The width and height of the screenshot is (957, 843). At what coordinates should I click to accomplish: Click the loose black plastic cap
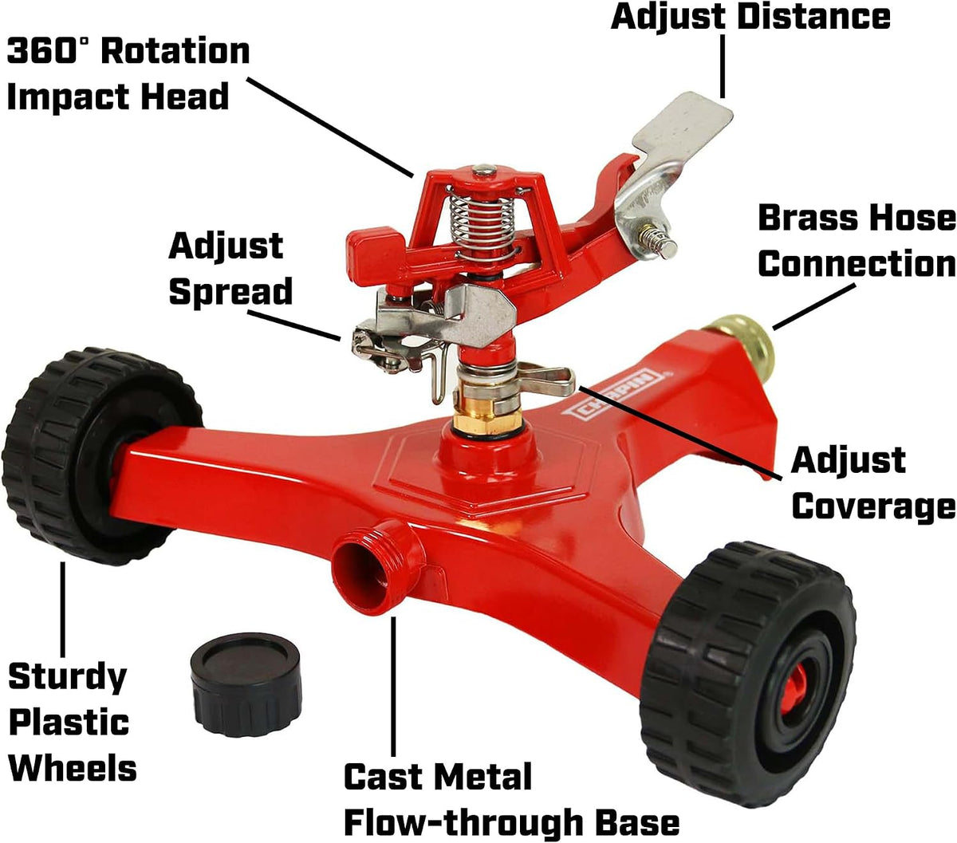tap(246, 684)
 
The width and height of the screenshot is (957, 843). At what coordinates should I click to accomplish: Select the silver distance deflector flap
tap(680, 142)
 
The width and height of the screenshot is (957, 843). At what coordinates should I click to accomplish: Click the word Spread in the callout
tap(230, 293)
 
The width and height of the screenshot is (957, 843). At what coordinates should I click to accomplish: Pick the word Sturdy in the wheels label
tap(68, 679)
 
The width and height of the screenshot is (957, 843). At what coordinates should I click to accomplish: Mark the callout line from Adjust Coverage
tap(679, 433)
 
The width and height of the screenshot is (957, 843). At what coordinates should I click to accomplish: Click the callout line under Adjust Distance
tap(723, 66)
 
